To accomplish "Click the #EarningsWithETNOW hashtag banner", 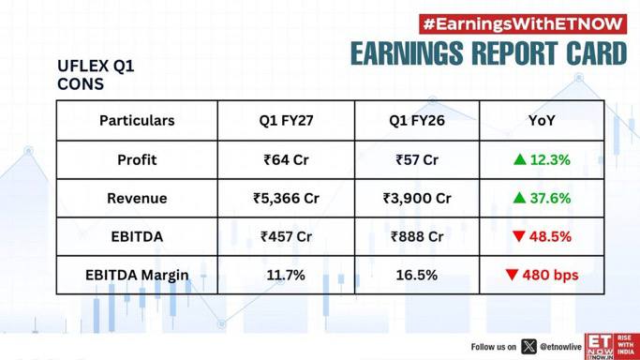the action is pos(523,24).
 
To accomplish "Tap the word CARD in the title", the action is pos(596,53).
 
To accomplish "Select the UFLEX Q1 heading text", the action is pos(96,66).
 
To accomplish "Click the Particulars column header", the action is pos(137,120).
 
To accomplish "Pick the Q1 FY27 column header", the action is pos(286,120).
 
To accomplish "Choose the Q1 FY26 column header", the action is pos(417,120).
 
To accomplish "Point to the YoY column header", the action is pos(542,120).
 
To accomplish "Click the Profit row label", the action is pos(137,159).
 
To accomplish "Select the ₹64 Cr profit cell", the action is pos(286,159).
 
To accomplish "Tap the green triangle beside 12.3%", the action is pos(520,159).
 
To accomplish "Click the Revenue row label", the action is pos(137,198).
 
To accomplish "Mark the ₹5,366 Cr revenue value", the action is pos(286,199).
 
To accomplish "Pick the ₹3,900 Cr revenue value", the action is pos(417,199).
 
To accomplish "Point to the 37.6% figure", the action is pos(550,198).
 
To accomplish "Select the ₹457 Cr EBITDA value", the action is pos(286,236).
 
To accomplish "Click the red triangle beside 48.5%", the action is pos(519,236).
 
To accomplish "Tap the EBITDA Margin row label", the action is pos(137,275).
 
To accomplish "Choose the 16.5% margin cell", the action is pos(417,275).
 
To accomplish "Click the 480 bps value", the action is pos(550,275).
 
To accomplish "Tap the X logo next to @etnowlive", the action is pos(528,347).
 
